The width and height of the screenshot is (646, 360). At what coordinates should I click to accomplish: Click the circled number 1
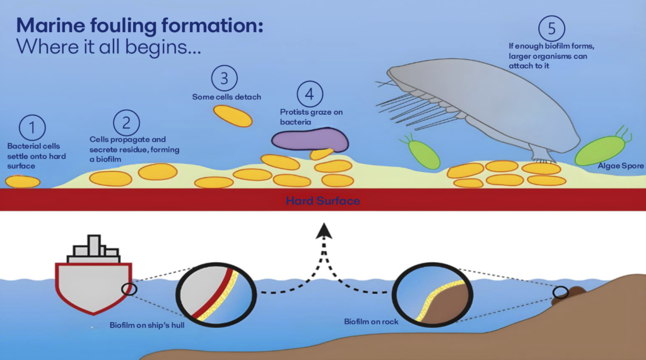[x=33, y=128]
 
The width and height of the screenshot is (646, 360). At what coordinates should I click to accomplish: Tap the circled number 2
[x=126, y=122]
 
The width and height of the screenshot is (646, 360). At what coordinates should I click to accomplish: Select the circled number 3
[x=224, y=79]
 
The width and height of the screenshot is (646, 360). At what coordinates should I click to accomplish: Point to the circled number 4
[x=309, y=95]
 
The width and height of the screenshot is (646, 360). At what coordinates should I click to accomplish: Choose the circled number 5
[x=551, y=28]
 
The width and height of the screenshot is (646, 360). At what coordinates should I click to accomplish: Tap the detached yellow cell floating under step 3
[x=232, y=116]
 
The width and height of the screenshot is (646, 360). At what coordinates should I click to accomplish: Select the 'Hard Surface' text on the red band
[x=322, y=201]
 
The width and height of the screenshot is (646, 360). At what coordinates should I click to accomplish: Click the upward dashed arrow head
[x=324, y=230]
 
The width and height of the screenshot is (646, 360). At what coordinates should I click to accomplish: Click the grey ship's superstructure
[x=94, y=248]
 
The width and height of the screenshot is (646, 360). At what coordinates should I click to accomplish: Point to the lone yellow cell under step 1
[x=23, y=182]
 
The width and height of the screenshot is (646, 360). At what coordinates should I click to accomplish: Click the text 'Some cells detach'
[x=226, y=97]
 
